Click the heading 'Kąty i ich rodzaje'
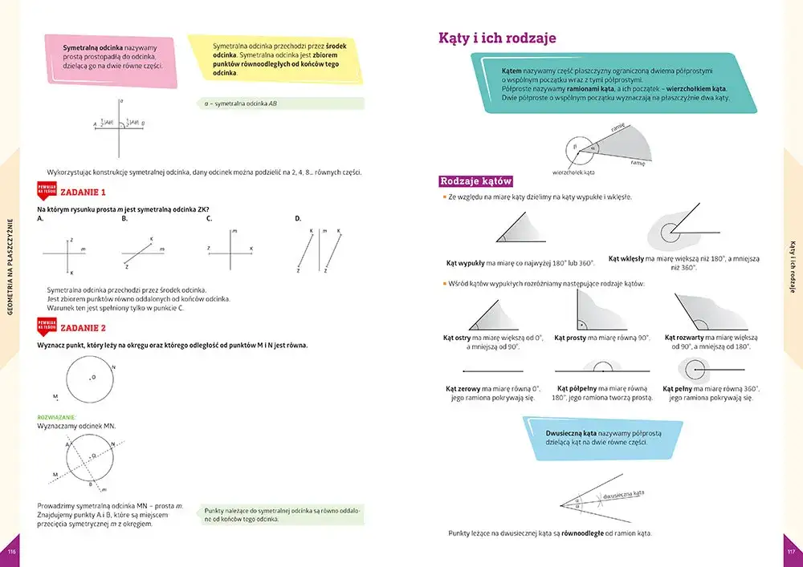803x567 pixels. coord(497,38)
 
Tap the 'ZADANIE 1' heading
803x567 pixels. coord(84,192)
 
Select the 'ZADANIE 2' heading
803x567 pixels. coord(84,328)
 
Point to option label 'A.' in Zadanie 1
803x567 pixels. coord(40,218)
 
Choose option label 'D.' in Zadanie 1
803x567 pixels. coord(298,218)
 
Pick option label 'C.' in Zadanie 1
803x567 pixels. coord(209,218)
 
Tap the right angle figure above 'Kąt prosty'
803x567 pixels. coord(589,311)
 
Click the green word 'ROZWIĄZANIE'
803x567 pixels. coord(56,418)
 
